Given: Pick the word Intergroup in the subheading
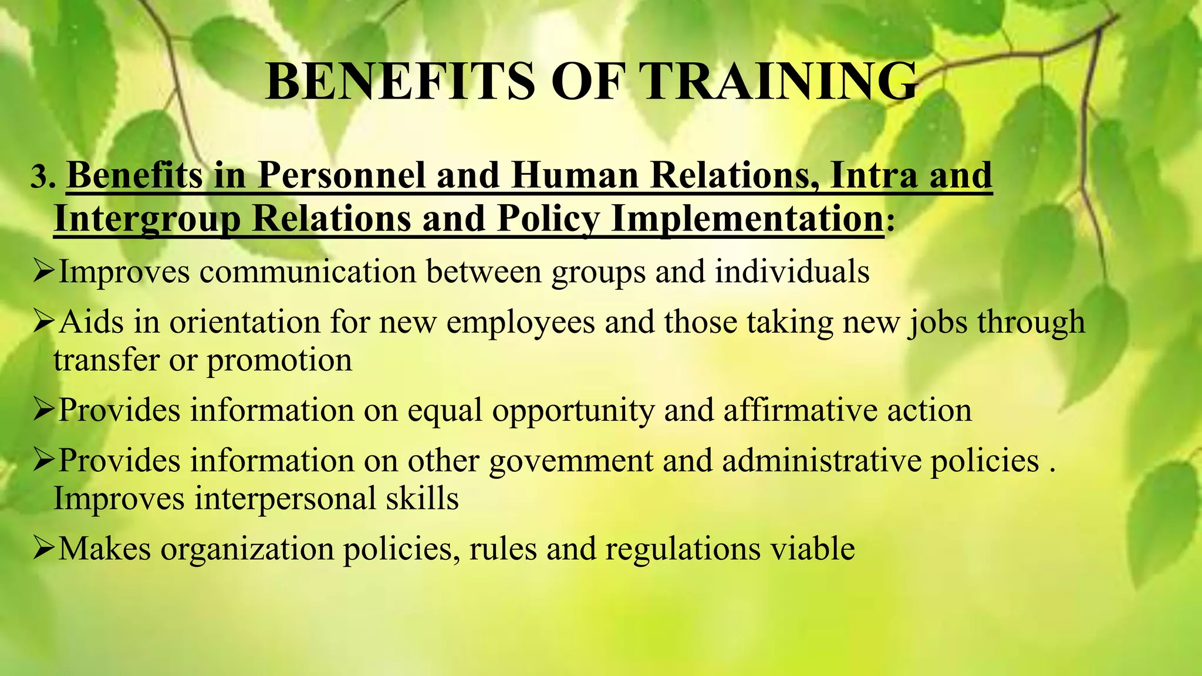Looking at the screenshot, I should click(x=147, y=219).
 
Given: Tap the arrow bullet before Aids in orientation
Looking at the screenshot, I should click(x=44, y=322).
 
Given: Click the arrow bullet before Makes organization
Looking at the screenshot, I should click(x=44, y=549).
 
